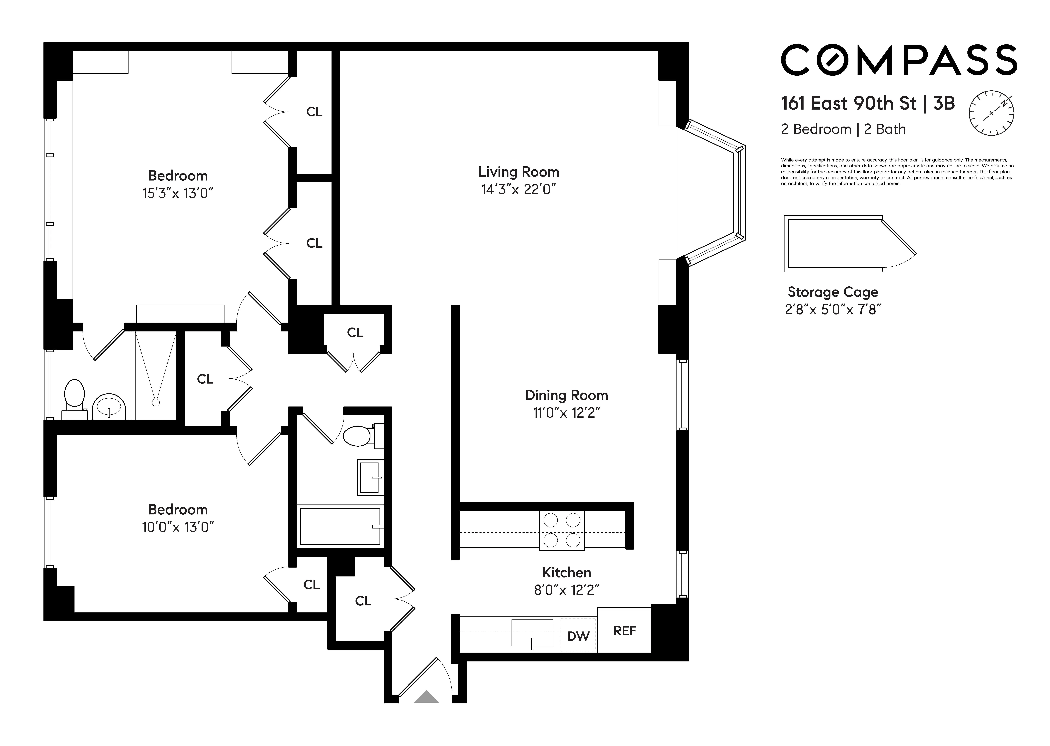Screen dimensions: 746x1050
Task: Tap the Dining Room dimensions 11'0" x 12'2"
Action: (x=566, y=413)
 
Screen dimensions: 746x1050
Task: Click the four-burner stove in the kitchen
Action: (x=562, y=530)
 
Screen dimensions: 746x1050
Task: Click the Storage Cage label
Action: (x=833, y=292)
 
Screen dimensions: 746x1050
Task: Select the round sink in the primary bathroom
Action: (x=109, y=406)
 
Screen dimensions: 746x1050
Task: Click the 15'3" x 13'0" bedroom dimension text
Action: (x=178, y=193)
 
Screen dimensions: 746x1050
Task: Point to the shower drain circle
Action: (x=156, y=402)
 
